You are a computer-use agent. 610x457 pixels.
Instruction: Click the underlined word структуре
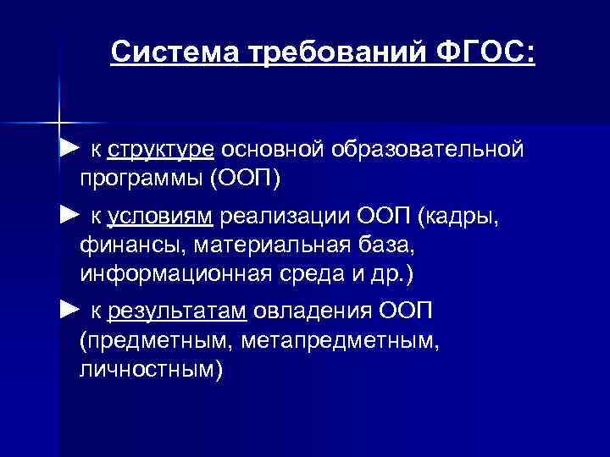pos(160,151)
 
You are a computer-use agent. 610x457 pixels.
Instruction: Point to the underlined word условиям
pos(160,217)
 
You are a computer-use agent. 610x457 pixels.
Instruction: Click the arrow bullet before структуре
pos(69,150)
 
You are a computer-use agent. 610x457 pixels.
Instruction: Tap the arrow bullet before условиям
pos(69,217)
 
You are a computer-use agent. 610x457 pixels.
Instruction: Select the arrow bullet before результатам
pos(69,311)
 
